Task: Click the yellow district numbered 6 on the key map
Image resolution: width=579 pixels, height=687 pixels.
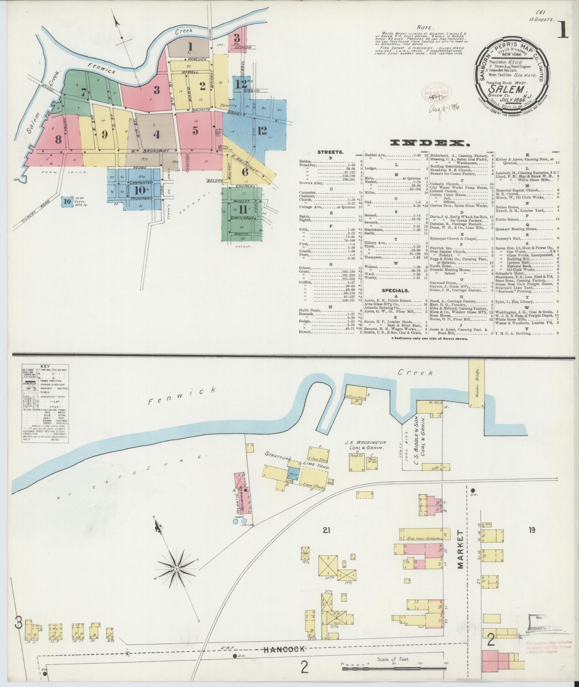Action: (245, 172)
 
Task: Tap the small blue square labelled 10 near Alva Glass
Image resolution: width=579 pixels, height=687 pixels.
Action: (66, 201)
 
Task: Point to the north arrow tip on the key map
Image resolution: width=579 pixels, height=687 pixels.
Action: (117, 20)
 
